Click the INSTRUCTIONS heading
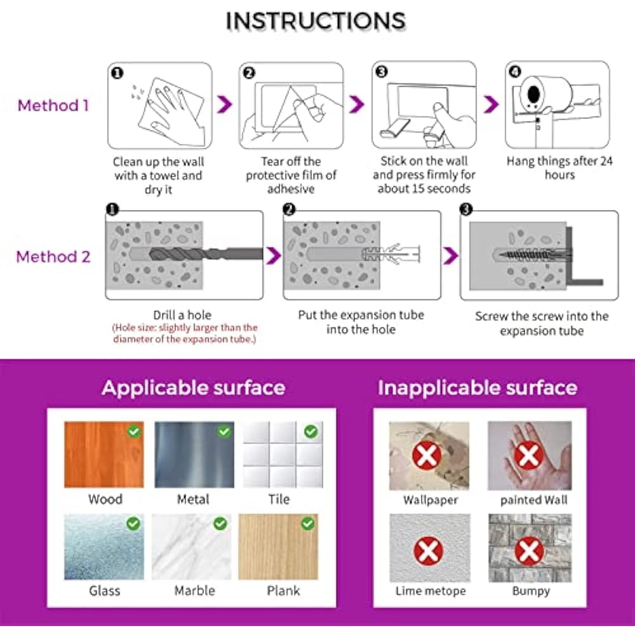[316, 21]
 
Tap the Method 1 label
[53, 105]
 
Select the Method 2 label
[53, 257]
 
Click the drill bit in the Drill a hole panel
[206, 254]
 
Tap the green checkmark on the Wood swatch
[133, 432]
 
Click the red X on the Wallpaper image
[427, 455]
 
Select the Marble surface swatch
[192, 547]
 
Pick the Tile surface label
[279, 499]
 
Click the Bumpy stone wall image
[530, 548]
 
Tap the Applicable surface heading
[194, 387]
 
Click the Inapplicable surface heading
[478, 387]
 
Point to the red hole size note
[185, 333]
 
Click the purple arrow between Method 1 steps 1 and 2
[224, 105]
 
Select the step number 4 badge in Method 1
[514, 72]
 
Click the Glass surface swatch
[104, 547]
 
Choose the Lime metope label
[431, 591]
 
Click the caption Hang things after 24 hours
[559, 168]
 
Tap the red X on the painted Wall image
[528, 455]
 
